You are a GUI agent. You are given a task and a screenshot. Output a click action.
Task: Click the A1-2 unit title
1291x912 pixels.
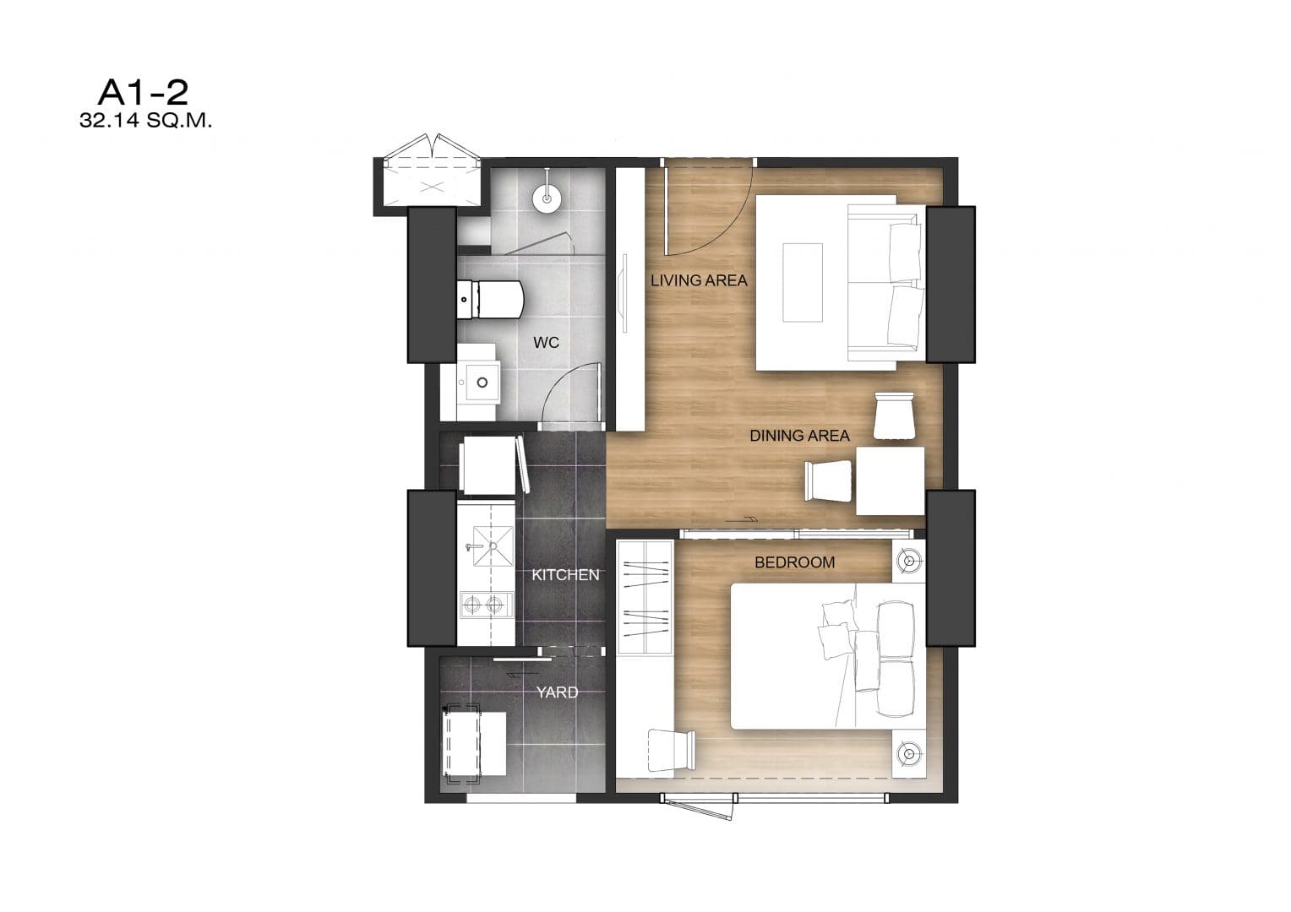tap(144, 92)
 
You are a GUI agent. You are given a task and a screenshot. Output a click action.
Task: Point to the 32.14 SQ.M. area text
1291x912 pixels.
tap(146, 121)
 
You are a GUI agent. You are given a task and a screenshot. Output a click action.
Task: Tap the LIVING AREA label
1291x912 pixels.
tap(699, 280)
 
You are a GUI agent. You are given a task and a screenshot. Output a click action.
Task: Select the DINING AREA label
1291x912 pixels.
tap(799, 436)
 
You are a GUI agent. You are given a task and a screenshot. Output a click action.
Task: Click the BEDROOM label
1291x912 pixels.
tap(795, 562)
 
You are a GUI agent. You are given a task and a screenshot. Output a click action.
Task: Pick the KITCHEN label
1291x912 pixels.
tap(565, 575)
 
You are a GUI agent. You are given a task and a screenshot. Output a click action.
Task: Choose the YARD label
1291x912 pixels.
tap(558, 692)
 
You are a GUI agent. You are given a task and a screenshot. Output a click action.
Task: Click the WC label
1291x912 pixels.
tap(547, 343)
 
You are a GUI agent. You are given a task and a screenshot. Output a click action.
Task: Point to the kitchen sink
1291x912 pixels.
tap(493, 546)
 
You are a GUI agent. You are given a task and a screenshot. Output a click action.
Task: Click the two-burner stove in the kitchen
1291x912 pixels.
tap(487, 605)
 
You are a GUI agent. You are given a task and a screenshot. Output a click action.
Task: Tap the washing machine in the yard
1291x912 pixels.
tap(474, 743)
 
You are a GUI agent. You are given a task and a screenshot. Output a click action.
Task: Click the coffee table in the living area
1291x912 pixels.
tap(803, 282)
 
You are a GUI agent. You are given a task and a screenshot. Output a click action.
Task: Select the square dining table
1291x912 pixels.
tap(891, 480)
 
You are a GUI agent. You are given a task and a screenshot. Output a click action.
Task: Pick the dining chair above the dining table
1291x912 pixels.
tap(894, 415)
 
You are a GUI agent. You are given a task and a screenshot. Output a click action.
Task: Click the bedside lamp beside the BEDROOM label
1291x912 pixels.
tap(909, 561)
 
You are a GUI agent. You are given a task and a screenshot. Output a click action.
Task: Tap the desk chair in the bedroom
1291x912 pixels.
tap(672, 750)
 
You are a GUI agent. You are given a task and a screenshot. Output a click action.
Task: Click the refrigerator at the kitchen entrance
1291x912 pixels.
tap(490, 465)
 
